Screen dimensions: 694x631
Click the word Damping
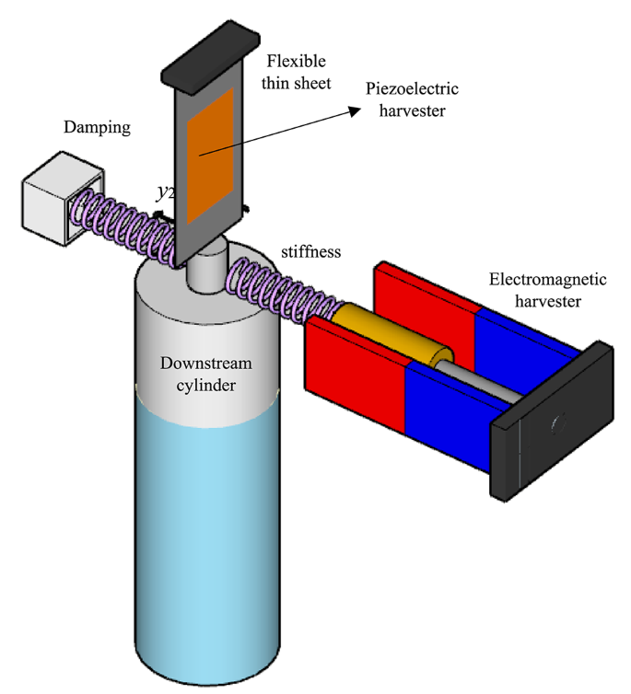(x=97, y=127)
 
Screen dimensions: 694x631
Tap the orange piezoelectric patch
(x=215, y=156)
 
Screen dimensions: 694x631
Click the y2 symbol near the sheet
(x=165, y=192)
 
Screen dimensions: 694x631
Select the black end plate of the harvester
(x=553, y=424)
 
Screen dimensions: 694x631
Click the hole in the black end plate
(x=555, y=423)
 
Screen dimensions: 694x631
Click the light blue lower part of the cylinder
(x=207, y=525)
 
